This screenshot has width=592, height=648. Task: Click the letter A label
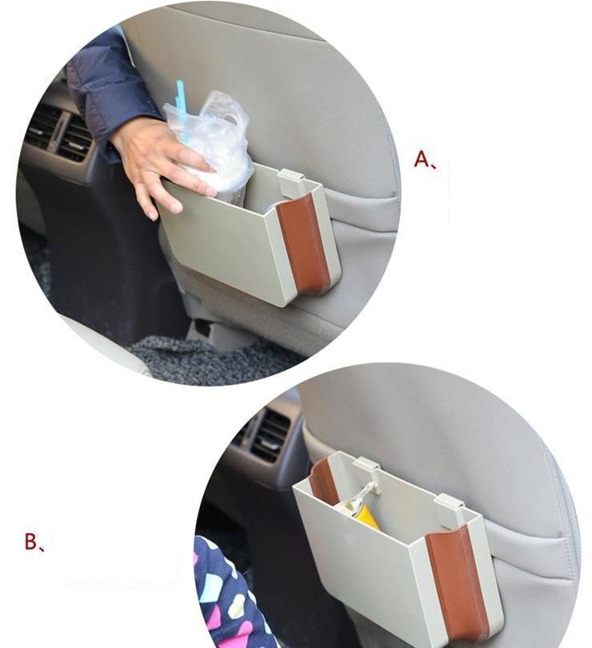click(425, 159)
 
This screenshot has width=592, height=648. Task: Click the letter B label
click(34, 542)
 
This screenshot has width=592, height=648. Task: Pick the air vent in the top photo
click(58, 132)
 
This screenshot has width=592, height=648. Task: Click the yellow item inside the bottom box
click(364, 517)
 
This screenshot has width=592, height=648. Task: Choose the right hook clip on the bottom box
click(450, 509)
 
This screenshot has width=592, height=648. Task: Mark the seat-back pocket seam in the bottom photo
click(525, 538)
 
